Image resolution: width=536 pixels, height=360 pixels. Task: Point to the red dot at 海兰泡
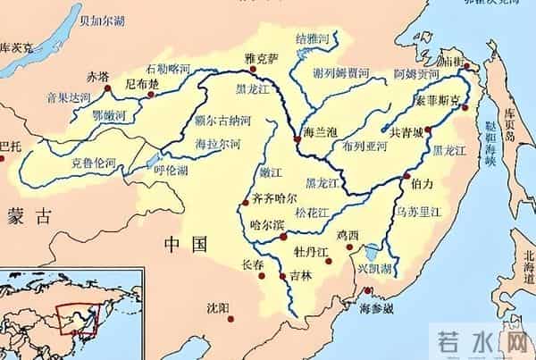coord(297,138)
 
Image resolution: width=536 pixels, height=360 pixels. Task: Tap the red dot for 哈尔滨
coord(283,237)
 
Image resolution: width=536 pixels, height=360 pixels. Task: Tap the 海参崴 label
coord(376,309)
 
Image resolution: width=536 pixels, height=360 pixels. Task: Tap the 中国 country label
coord(186,243)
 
